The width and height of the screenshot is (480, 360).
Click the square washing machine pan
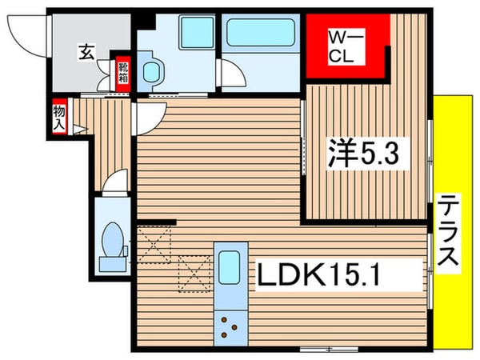click(193, 33)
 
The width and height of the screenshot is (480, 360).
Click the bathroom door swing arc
click(232, 76)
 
